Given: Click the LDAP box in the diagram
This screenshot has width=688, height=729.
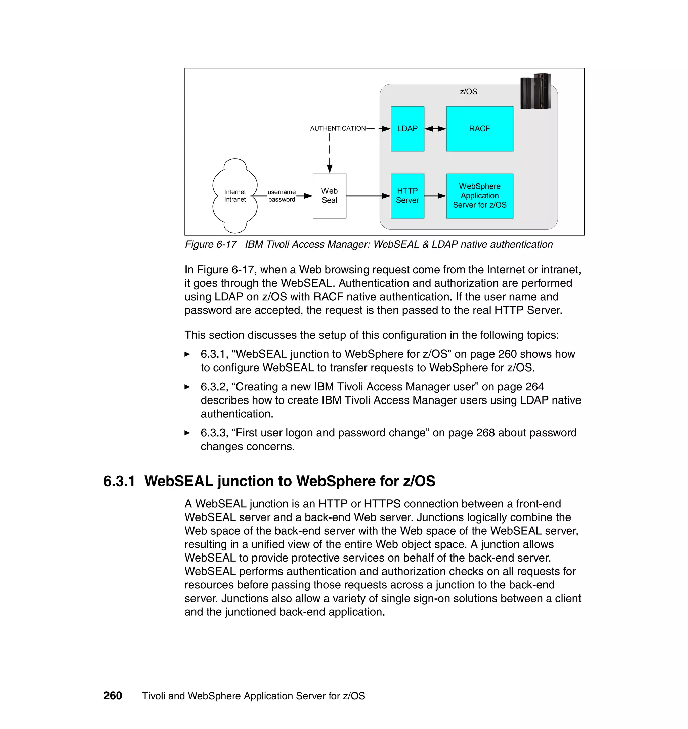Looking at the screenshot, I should click(407, 129).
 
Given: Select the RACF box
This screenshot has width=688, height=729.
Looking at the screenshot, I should click(479, 129).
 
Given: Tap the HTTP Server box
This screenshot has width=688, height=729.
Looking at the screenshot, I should click(407, 196).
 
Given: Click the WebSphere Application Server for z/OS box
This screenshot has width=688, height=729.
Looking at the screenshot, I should click(479, 196).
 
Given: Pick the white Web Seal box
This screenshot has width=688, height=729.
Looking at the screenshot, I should click(329, 196).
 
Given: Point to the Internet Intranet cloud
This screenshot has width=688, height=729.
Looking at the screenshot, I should click(235, 196).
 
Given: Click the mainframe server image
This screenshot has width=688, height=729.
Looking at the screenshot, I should click(535, 91).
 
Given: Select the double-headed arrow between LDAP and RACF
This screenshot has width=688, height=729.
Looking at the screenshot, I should click(435, 129).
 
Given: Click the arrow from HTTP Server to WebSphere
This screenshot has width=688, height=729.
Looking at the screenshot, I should click(435, 196).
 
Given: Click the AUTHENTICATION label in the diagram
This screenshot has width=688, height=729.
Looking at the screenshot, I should click(337, 128).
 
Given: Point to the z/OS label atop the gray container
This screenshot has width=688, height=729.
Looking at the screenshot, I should click(468, 92).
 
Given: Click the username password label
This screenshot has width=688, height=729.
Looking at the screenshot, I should click(281, 196).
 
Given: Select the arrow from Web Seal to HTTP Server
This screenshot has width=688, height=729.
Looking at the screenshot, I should click(368, 196).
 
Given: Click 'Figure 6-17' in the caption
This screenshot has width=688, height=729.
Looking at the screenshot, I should click(211, 244).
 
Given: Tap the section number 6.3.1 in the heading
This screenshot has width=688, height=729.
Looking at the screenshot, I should click(119, 481).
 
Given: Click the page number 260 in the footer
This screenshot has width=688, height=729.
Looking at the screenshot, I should click(113, 696).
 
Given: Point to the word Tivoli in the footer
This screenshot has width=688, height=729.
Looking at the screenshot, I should click(154, 696).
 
